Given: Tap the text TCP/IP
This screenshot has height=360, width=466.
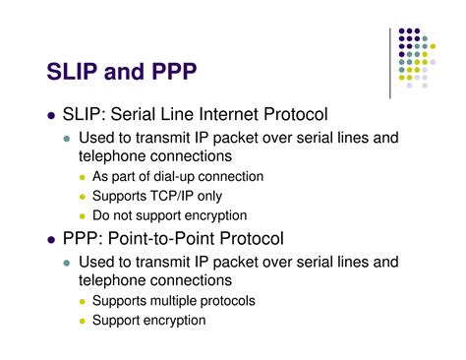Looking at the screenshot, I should [182, 196].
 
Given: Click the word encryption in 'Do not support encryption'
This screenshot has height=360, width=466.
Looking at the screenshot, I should [208, 215].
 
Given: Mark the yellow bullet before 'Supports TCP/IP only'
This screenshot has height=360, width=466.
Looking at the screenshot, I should [83, 197].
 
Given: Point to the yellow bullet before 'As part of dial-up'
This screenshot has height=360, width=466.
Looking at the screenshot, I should [83, 177].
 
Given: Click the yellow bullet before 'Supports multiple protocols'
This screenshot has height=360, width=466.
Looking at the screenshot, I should [83, 301].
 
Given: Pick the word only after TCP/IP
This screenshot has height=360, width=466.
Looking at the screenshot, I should [222, 196].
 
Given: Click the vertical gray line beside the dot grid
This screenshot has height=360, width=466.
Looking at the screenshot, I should [391, 64].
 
